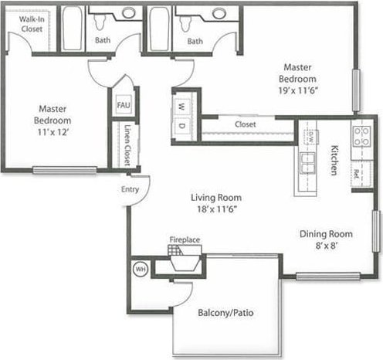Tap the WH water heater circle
141,270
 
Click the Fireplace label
185,240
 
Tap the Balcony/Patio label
225,314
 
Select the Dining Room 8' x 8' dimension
326,246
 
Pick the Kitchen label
336,159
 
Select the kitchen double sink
308,163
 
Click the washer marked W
182,107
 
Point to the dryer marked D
182,126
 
